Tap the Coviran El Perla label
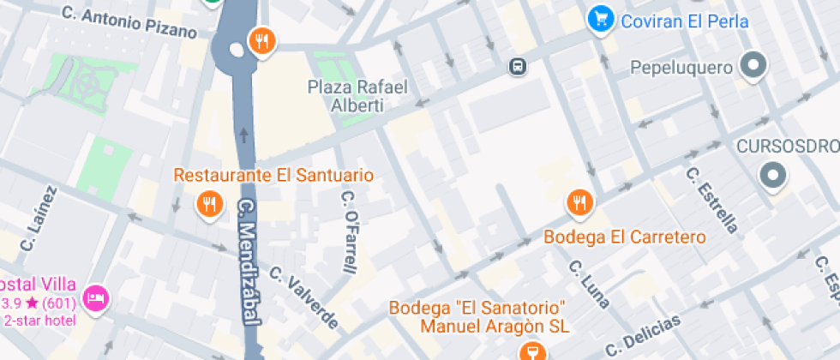[686, 21]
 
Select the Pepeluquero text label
[681, 67]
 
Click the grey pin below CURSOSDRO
[773, 176]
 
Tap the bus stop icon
[518, 66]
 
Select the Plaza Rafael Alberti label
[357, 96]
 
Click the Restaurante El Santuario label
[273, 175]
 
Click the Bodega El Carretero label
[625, 237]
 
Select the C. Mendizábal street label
[249, 261]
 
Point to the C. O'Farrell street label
[349, 231]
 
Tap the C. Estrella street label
[711, 199]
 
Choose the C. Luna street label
[590, 283]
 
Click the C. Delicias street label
[643, 335]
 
